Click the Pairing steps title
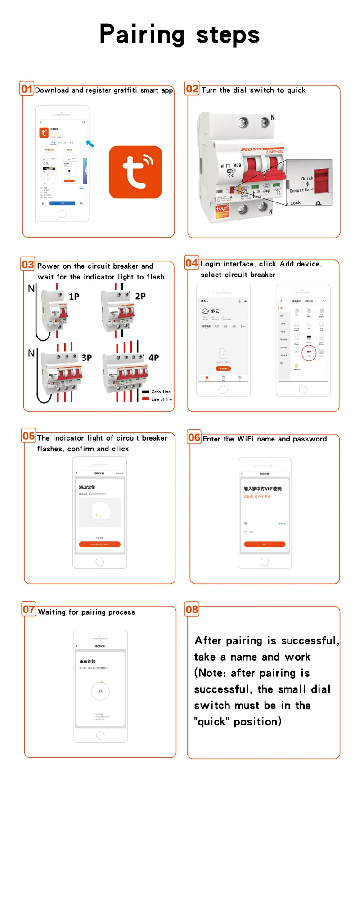(x=180, y=35)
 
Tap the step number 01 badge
(x=27, y=89)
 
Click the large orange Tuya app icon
(x=135, y=172)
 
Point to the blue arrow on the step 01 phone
(x=90, y=144)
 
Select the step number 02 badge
(x=192, y=89)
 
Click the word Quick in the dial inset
(x=307, y=178)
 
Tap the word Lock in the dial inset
(x=295, y=203)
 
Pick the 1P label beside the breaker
(x=74, y=297)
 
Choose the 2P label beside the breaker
(x=140, y=296)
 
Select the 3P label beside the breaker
(x=86, y=358)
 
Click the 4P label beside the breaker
(x=154, y=358)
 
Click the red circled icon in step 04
(x=309, y=352)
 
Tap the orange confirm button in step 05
(x=100, y=544)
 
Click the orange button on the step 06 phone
(x=265, y=544)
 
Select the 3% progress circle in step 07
(x=100, y=691)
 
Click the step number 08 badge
(x=192, y=609)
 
